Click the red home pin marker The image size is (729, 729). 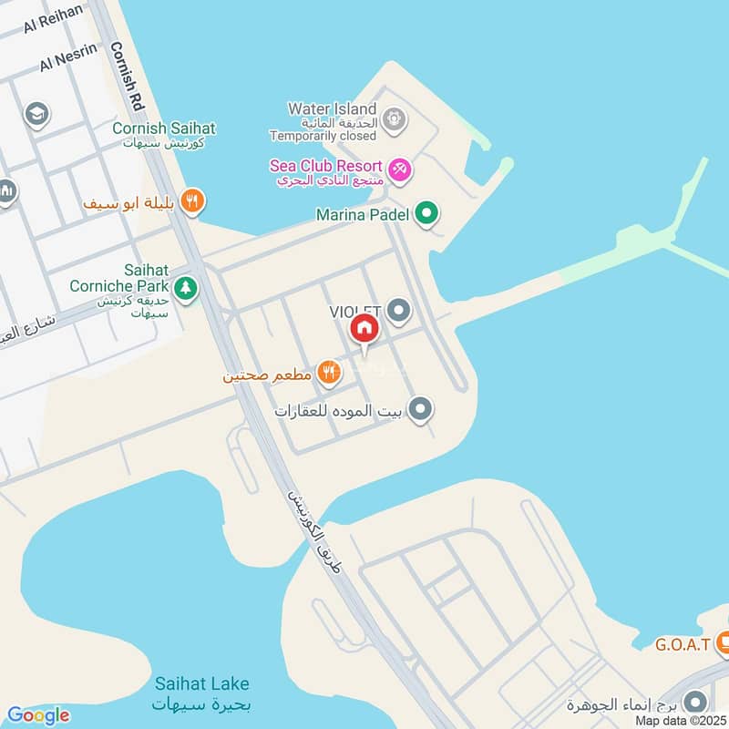point(363,329)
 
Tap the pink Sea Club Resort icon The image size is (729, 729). point(399,169)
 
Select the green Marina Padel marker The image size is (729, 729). point(426,215)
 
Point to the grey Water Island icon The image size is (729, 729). point(394,118)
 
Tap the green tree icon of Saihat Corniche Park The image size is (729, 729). point(186,288)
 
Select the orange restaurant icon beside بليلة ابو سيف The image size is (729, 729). point(191,201)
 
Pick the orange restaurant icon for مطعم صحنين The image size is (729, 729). point(330,371)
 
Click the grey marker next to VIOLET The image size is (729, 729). point(398,312)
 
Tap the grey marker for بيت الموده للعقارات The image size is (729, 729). point(420,410)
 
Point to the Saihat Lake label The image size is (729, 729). point(201,683)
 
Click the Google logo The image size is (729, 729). point(37,715)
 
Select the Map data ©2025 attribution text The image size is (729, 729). point(680,721)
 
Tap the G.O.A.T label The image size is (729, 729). point(681,645)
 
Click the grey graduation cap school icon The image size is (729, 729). point(37,114)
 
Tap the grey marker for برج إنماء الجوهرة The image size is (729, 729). point(695,702)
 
